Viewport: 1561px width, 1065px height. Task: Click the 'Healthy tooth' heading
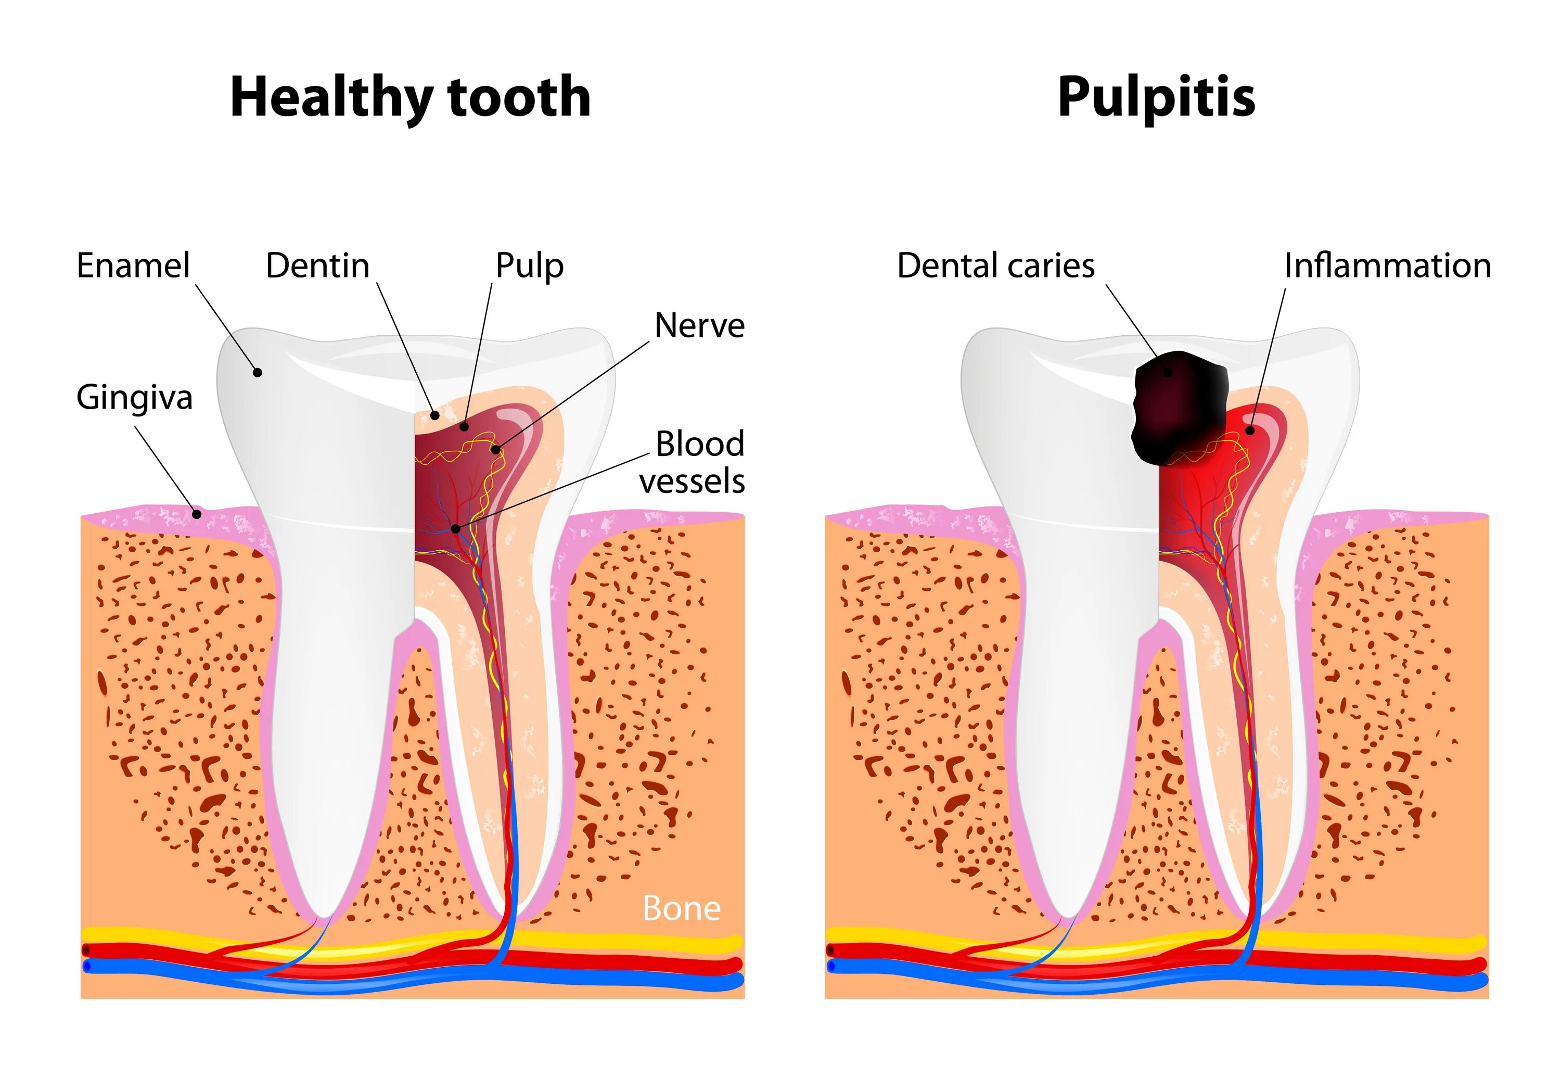click(x=411, y=98)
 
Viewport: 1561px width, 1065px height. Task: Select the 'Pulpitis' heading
click(x=1156, y=98)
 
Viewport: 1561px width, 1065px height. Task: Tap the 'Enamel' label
click(x=133, y=265)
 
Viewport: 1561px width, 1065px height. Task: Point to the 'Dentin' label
click(x=318, y=265)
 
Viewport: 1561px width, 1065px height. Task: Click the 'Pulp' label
click(x=529, y=267)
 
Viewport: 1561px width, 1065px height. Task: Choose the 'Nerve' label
click(x=699, y=326)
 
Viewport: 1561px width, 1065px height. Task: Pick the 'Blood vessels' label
click(x=693, y=462)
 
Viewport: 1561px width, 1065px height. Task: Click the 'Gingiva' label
click(x=134, y=398)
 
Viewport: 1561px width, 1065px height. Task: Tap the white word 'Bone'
click(x=681, y=908)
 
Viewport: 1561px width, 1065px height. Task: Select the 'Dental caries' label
click(x=995, y=265)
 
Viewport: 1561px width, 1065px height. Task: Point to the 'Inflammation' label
click(x=1388, y=265)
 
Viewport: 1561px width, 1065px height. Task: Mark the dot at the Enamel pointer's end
click(x=257, y=372)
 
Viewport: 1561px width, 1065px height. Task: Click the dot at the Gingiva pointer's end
click(x=197, y=515)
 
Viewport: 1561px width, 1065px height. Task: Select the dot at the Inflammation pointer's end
click(x=1249, y=430)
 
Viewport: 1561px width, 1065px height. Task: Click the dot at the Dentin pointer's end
click(x=434, y=415)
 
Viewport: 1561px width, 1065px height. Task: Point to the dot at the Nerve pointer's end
click(x=496, y=450)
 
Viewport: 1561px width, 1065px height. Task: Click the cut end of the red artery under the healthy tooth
click(x=86, y=950)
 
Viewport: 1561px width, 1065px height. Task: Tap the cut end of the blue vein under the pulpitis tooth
click(x=830, y=966)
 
